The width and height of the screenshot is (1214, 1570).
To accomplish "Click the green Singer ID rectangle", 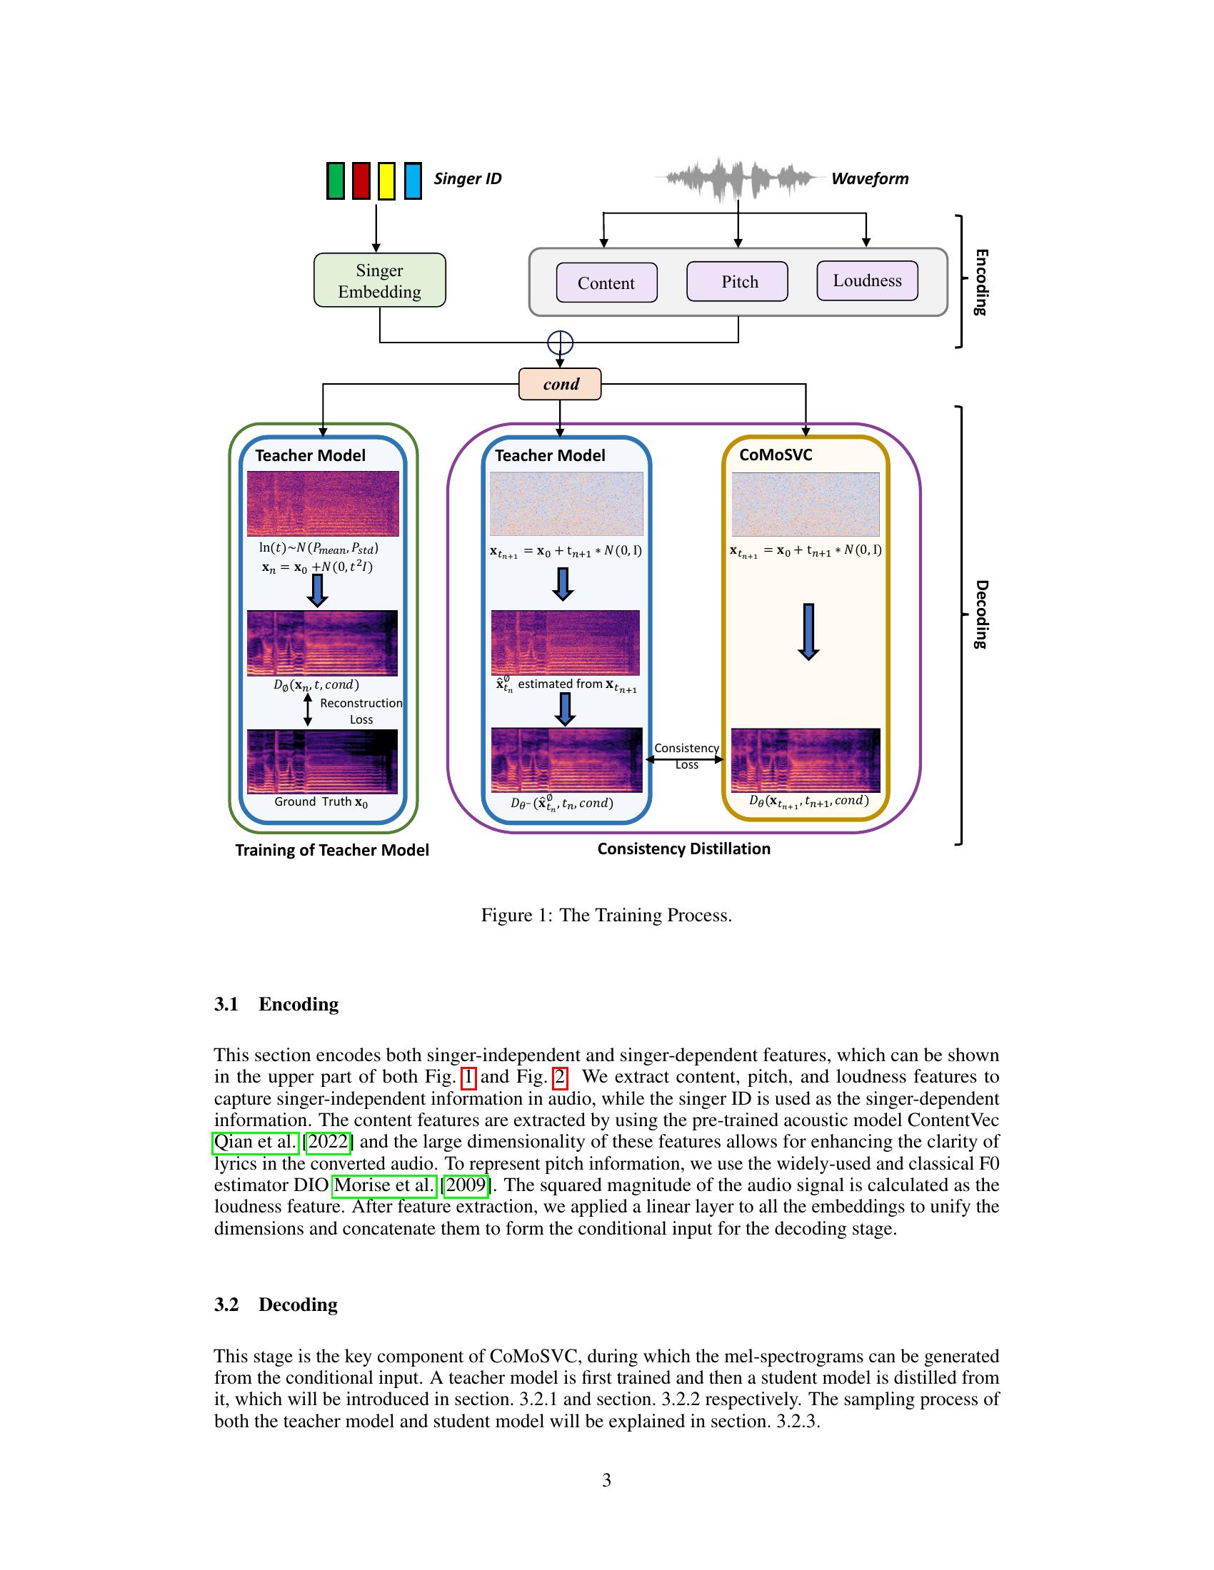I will [335, 181].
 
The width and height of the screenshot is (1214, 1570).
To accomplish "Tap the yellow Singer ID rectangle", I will [386, 181].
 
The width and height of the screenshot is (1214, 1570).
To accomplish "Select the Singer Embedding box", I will [380, 280].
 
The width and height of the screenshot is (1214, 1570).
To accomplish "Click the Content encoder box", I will [606, 283].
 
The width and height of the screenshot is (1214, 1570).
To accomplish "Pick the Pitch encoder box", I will [737, 281].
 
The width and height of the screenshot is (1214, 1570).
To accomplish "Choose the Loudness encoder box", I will [868, 280].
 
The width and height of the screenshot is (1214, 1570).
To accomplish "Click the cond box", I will [561, 384].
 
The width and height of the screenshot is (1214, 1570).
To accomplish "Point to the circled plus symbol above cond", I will [561, 343].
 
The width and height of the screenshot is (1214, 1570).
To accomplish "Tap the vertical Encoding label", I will [981, 282].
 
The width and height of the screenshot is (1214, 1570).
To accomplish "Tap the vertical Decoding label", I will [981, 614].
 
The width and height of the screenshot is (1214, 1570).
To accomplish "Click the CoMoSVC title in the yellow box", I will [776, 455].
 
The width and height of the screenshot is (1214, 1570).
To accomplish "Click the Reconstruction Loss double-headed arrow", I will [308, 709].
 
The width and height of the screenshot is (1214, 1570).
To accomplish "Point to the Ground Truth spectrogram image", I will [322, 761].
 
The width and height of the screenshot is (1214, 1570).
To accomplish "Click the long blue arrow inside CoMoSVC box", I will [808, 631].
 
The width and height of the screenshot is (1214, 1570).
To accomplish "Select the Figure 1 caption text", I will [606, 915].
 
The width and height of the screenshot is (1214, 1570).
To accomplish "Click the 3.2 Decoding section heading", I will [276, 1305].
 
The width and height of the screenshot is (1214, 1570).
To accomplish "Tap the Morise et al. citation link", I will [384, 1185].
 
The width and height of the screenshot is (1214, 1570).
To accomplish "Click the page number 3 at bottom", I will [606, 1480].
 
